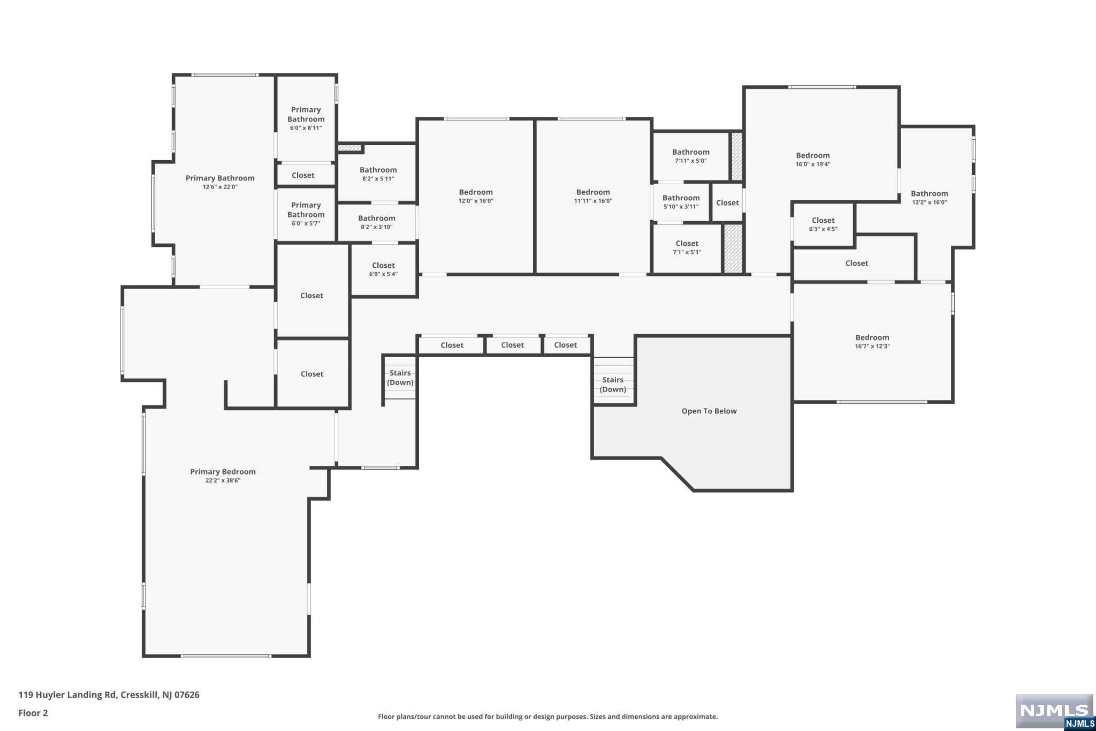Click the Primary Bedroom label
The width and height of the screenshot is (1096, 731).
click(x=223, y=472)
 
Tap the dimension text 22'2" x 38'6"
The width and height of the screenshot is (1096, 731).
click(x=223, y=481)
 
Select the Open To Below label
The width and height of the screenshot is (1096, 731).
click(x=709, y=411)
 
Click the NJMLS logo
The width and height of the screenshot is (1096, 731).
click(x=1054, y=712)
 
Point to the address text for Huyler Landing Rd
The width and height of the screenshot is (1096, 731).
click(x=109, y=695)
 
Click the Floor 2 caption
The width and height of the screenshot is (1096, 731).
click(x=33, y=713)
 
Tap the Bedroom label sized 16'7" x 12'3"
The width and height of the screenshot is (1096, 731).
click(x=872, y=337)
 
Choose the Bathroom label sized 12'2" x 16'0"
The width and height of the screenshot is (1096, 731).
click(x=930, y=194)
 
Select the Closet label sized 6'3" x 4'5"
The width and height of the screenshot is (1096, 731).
click(x=823, y=220)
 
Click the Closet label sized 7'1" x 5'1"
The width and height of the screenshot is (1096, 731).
click(x=687, y=243)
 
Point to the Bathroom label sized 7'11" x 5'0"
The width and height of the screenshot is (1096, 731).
click(x=691, y=152)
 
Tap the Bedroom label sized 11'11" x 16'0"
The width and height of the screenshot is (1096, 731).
click(x=593, y=192)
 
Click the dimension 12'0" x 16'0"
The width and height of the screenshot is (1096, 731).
click(x=476, y=201)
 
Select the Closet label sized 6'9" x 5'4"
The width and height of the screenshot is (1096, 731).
click(x=383, y=265)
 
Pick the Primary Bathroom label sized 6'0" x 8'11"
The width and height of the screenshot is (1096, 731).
click(x=306, y=114)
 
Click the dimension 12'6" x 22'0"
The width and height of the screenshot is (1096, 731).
click(x=220, y=187)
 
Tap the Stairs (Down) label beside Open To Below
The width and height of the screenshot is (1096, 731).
click(x=613, y=385)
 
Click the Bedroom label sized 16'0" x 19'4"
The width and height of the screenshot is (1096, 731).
click(x=813, y=155)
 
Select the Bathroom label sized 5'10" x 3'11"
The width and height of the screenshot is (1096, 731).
click(x=681, y=198)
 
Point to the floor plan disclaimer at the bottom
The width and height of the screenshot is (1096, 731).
click(x=548, y=717)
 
